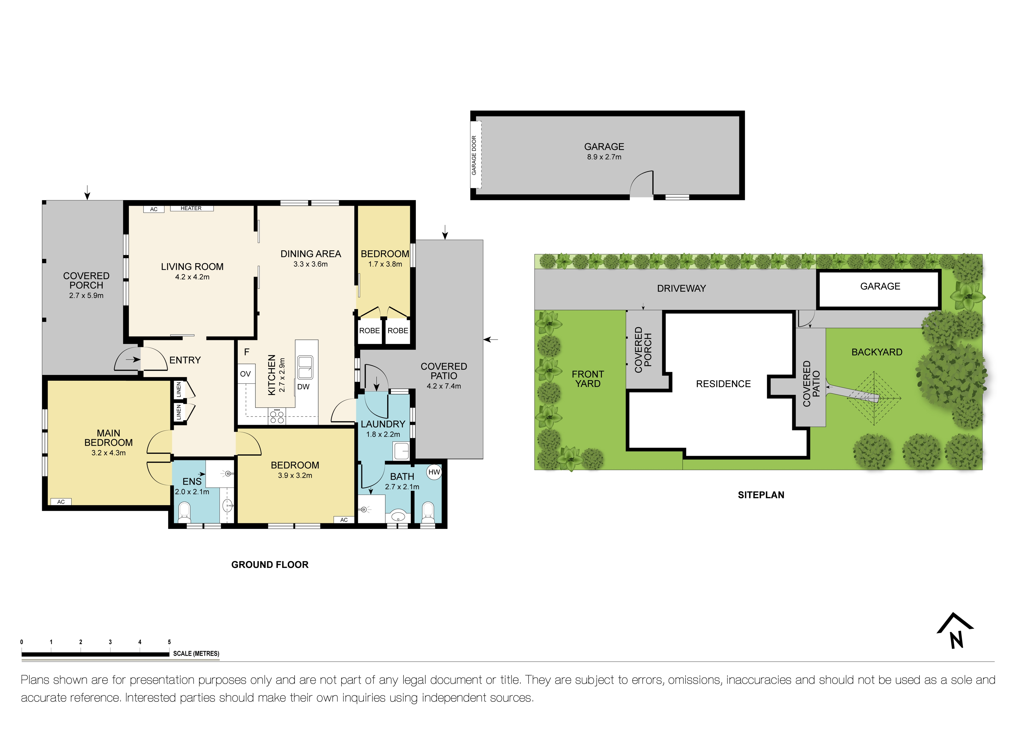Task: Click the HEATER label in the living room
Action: coord(191,208)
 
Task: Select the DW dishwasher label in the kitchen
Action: coord(303,387)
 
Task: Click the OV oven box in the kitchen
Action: coord(245,374)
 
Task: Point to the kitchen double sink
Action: coord(306,367)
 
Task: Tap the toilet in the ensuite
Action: coord(184,512)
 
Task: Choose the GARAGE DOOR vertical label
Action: coord(474,155)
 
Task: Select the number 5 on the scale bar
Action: coord(170,642)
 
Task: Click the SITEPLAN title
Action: coord(761,495)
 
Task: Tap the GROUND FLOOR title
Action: coord(270,565)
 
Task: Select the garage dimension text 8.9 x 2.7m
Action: coord(604,157)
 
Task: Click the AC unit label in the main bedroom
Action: coord(61,502)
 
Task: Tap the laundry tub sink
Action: coord(401,451)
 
